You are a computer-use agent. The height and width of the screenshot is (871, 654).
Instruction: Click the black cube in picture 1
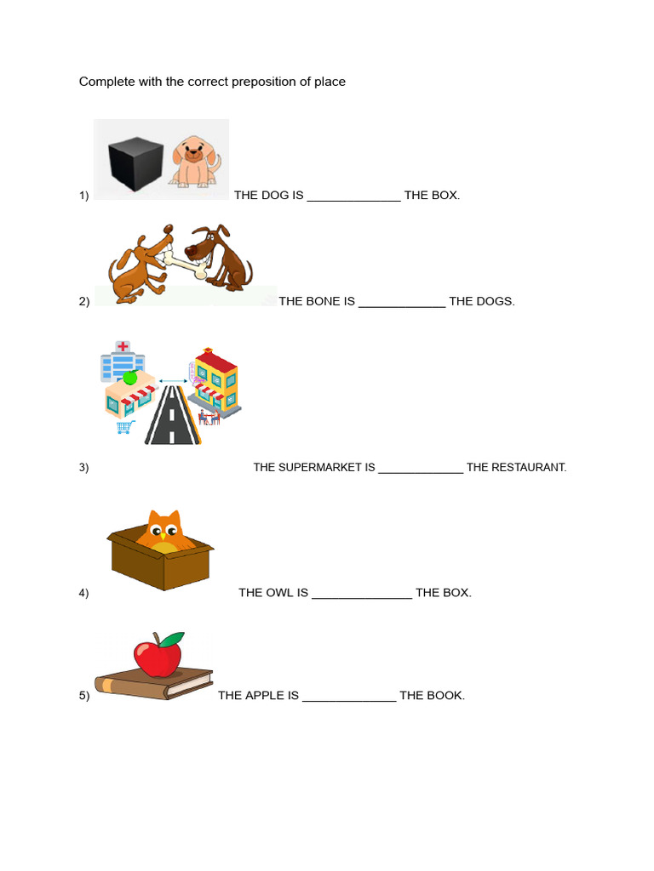[x=134, y=159]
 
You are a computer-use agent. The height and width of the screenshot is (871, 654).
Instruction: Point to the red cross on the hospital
[x=123, y=346]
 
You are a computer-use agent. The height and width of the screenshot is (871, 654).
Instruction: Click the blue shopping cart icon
[x=125, y=426]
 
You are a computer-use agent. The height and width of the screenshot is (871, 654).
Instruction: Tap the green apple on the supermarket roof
[x=130, y=378]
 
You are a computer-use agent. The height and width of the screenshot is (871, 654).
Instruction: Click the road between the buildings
[x=172, y=418]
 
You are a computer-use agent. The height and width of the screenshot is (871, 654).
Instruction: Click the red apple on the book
[x=157, y=656]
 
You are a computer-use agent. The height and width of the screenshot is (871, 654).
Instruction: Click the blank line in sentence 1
[x=353, y=196]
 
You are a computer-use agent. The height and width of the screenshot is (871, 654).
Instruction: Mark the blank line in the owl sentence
[x=362, y=594]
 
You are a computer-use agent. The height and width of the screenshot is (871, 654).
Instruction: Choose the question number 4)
[x=83, y=594]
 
